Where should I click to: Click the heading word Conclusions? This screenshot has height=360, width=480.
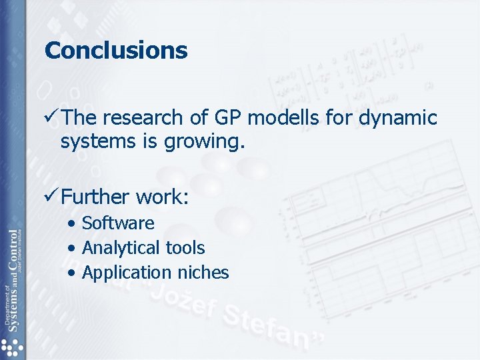tap(116, 51)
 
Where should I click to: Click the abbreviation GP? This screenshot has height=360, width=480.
tap(228, 118)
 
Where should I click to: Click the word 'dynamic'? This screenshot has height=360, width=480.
tap(398, 118)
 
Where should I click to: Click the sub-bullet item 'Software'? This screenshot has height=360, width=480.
tap(117, 223)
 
